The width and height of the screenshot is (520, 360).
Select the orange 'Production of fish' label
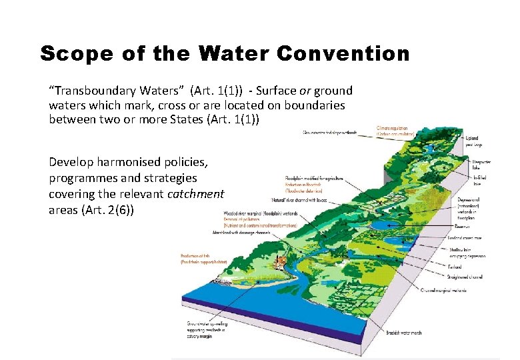point(200,259)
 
